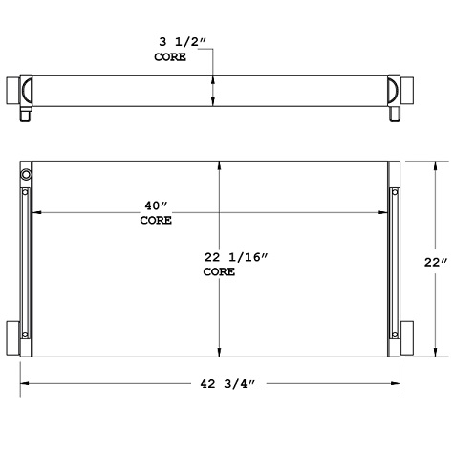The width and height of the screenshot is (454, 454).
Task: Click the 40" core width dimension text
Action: coord(156,205)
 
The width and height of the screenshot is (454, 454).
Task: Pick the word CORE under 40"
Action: coord(156,221)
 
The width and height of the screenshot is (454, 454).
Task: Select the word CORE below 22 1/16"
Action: coord(219,272)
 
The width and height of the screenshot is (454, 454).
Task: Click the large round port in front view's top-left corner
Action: coord(25,176)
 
